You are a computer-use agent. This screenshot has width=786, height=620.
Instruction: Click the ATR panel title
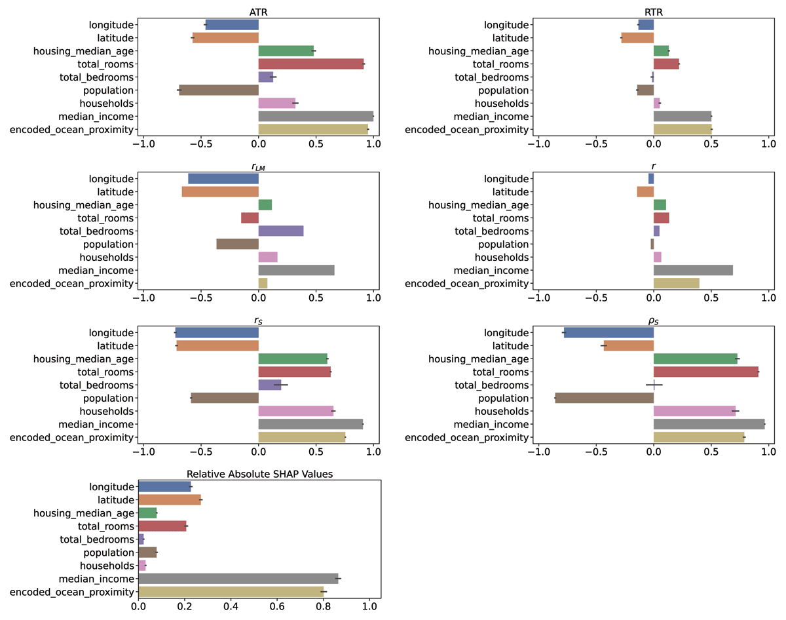coord(258,12)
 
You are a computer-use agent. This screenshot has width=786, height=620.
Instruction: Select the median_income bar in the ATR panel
coord(316,117)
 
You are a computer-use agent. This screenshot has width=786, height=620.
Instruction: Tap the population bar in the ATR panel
coord(219,90)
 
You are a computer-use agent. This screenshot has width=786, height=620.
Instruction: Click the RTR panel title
coord(654,12)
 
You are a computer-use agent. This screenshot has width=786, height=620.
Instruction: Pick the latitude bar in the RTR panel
coord(637,38)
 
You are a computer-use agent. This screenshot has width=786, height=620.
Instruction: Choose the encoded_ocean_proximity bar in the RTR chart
coord(683,130)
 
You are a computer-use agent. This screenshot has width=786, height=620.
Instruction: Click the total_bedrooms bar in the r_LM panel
coord(281,231)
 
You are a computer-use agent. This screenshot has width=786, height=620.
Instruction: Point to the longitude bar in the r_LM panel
coord(223,178)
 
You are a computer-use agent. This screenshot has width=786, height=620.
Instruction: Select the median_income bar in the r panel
coord(693,270)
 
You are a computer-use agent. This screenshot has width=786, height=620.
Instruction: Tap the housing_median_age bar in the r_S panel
coord(293,358)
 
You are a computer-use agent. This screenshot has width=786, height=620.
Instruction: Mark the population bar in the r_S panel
coord(225,398)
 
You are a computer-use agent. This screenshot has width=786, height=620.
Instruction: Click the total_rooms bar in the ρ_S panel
coord(706,372)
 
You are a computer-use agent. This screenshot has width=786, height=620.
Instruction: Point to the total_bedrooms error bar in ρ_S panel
coord(654,385)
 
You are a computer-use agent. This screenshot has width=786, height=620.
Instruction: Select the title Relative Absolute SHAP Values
coord(259,474)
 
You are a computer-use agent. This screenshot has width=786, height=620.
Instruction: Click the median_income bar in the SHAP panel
coord(238,579)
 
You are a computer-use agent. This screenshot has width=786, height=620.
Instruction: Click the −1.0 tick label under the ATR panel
coord(140,143)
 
